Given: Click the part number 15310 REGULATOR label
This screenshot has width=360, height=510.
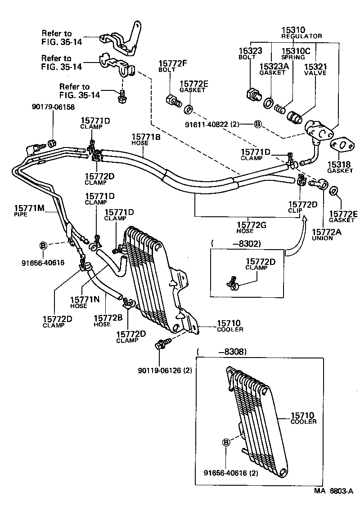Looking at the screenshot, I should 301,32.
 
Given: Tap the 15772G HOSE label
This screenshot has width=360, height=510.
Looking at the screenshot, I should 252,227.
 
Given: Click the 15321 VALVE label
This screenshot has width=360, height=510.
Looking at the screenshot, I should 315,70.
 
